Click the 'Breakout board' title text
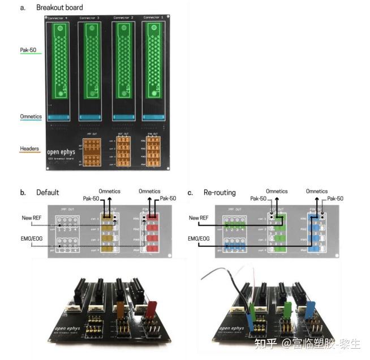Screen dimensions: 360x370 point(59,7)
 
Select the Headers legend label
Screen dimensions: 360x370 point(29,149)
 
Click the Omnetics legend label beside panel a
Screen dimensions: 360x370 point(31,117)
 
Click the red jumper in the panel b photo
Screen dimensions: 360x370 point(151,310)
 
